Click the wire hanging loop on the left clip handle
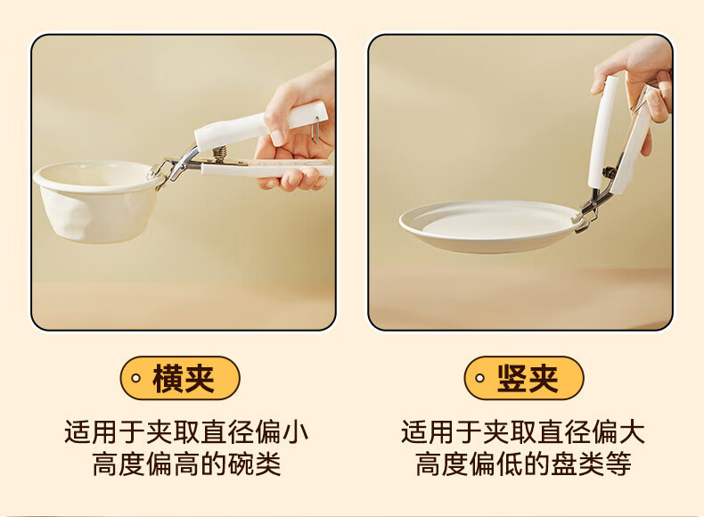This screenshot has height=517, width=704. click(316, 129)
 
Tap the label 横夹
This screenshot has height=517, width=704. click(184, 379)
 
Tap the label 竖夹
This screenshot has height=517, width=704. click(528, 379)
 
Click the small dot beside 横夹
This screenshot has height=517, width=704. click(135, 378)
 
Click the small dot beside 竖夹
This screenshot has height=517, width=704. click(479, 378)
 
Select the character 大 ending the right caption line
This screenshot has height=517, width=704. click(632, 432)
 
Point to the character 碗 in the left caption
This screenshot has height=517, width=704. click(241, 464)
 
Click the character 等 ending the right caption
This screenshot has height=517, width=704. click(618, 464)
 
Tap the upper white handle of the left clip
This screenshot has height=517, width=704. click(259, 126)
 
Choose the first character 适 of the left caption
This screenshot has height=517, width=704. click(78, 432)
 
